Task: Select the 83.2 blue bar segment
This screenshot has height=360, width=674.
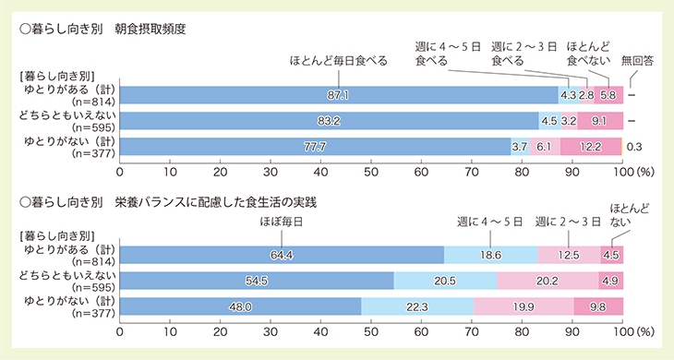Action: [329, 120]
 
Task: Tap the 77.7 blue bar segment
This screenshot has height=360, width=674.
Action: [315, 146]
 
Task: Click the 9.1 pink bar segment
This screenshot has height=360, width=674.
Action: [599, 120]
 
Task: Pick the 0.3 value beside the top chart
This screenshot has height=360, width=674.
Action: [635, 146]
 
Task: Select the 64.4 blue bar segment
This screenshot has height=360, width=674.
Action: [282, 255]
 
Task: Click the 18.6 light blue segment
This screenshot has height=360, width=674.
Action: [490, 255]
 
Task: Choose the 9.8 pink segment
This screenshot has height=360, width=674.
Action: [598, 306]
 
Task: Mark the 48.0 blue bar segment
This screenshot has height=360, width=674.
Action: [240, 306]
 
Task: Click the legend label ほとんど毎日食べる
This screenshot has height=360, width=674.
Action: [338, 61]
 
